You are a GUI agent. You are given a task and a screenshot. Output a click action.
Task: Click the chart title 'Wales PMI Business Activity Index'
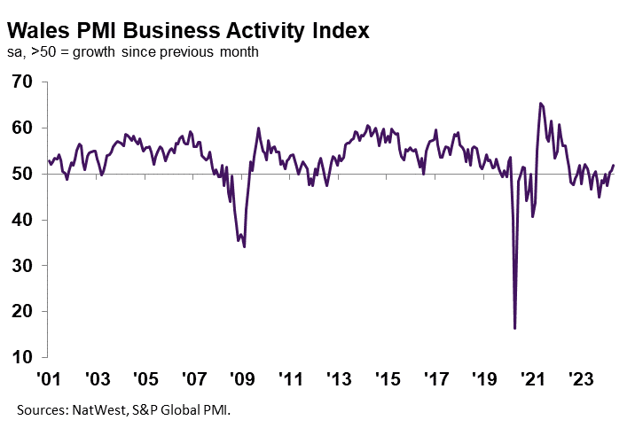[188, 28]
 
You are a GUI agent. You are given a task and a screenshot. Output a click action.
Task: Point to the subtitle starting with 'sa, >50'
[133, 52]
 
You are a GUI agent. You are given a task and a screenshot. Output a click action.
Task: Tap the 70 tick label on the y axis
[22, 82]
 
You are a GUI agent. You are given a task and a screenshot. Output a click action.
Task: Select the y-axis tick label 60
[22, 128]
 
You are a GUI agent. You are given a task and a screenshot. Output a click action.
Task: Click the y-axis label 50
[22, 175]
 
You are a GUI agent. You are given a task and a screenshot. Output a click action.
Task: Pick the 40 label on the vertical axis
[22, 221]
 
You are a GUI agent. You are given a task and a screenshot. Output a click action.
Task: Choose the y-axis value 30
[22, 267]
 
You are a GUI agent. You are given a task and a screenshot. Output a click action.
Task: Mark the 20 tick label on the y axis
[22, 312]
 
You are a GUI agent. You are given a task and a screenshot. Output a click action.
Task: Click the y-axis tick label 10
[22, 358]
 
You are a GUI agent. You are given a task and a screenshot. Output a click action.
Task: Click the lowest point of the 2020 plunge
[515, 329]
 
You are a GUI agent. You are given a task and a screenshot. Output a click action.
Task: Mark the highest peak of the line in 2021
[540, 104]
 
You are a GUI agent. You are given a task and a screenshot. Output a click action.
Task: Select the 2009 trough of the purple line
[244, 246]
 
